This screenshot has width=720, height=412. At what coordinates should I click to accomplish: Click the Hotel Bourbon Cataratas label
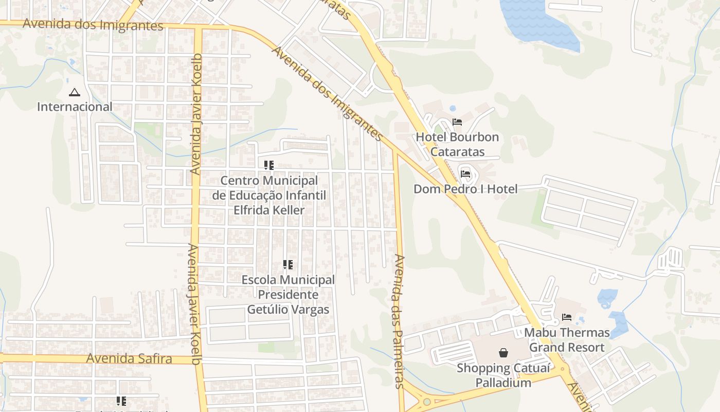pyautogui.click(x=457, y=144)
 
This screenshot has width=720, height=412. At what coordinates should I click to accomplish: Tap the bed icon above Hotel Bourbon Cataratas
pyautogui.click(x=457, y=122)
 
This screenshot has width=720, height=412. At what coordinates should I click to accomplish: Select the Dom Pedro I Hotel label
pyautogui.click(x=465, y=189)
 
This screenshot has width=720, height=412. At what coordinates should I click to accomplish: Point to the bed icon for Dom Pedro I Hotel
pyautogui.click(x=465, y=174)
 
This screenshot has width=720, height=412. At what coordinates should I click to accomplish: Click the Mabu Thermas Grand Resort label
pyautogui.click(x=567, y=340)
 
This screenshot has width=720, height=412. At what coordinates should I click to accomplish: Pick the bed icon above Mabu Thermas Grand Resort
pyautogui.click(x=567, y=317)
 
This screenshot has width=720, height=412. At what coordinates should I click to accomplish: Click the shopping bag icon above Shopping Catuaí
pyautogui.click(x=503, y=353)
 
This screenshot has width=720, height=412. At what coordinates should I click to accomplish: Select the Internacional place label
pyautogui.click(x=75, y=107)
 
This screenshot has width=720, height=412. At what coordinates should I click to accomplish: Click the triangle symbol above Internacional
pyautogui.click(x=75, y=93)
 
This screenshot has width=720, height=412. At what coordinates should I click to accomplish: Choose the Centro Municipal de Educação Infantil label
pyautogui.click(x=269, y=195)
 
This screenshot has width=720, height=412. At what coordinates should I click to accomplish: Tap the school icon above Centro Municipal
pyautogui.click(x=269, y=165)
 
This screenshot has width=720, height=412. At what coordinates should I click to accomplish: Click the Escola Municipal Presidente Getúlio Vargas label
pyautogui.click(x=288, y=295)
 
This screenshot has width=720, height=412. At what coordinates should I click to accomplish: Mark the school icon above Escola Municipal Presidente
pyautogui.click(x=288, y=265)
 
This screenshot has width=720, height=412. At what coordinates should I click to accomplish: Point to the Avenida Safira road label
pyautogui.click(x=129, y=358)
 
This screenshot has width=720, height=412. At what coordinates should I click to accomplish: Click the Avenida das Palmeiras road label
pyautogui.click(x=399, y=320)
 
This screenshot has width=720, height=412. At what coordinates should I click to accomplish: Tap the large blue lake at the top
pyautogui.click(x=538, y=23)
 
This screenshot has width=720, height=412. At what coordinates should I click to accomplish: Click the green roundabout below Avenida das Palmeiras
pyautogui.click(x=427, y=402)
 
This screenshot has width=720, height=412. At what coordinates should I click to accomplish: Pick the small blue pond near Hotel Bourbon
pyautogui.click(x=453, y=109)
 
